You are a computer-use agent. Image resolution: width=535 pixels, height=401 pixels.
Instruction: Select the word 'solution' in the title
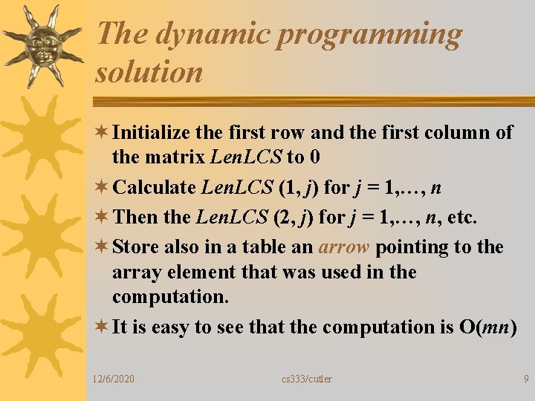149,72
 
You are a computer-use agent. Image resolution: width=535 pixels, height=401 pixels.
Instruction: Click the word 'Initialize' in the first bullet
152,133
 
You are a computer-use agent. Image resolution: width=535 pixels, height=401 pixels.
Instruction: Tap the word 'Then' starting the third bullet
134,218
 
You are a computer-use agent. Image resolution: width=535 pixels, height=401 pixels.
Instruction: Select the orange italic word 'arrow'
343,247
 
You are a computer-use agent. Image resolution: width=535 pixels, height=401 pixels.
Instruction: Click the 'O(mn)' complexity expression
488,327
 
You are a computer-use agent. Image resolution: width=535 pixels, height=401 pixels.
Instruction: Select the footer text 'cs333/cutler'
307,379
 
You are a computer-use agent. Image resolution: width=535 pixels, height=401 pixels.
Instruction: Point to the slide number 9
525,379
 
